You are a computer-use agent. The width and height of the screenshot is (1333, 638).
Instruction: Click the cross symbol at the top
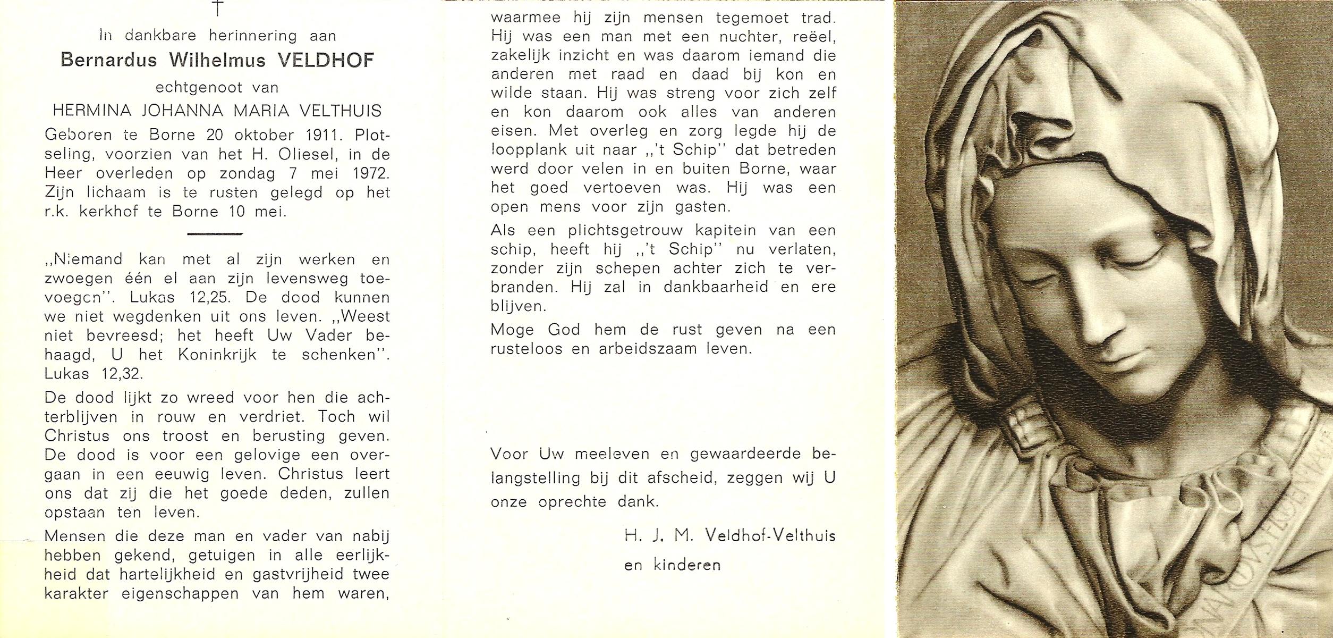coord(218,7)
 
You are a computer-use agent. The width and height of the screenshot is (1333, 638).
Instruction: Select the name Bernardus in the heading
coord(109,61)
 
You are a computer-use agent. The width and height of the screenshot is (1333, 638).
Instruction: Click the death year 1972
coord(370,173)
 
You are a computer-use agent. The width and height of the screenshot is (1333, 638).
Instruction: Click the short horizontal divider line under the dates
coord(215,233)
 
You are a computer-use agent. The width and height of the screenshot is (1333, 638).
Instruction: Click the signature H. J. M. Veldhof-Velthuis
coord(729,536)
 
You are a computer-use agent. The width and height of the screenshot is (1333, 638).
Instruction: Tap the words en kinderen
coord(672,565)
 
